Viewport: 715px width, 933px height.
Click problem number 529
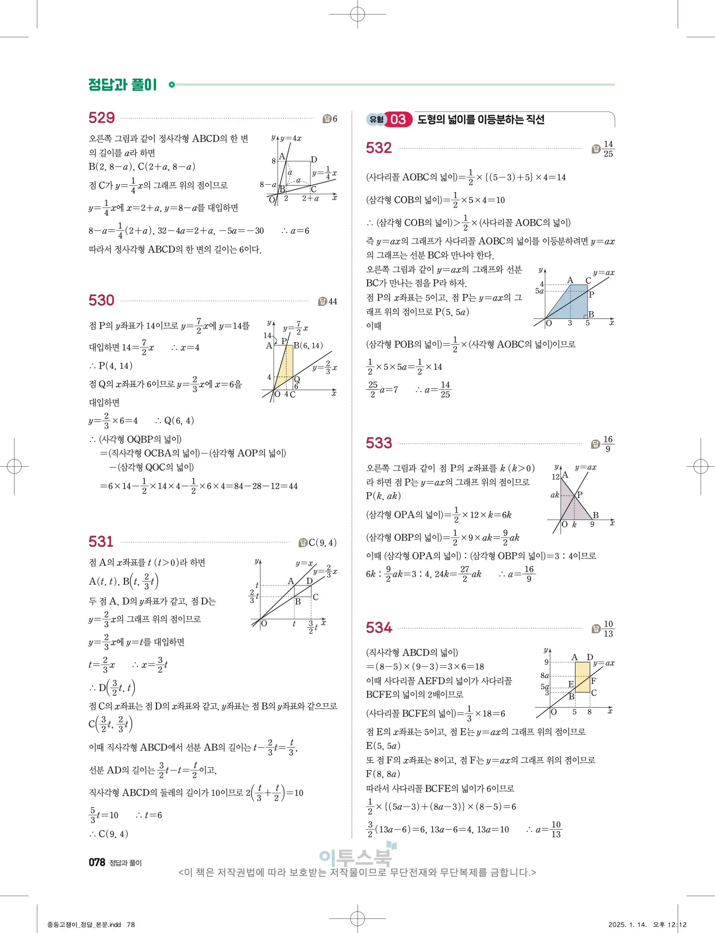pyautogui.click(x=102, y=118)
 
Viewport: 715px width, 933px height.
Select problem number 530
pyautogui.click(x=102, y=300)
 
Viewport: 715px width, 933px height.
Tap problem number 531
pyautogui.click(x=101, y=541)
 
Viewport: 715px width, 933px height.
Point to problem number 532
pyautogui.click(x=379, y=148)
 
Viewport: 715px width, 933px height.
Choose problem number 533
pyautogui.click(x=379, y=443)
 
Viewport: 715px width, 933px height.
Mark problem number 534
pyautogui.click(x=379, y=628)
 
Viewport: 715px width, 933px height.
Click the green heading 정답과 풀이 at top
pyautogui.click(x=123, y=85)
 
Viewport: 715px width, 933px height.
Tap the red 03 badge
pyautogui.click(x=398, y=120)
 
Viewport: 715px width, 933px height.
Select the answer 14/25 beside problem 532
pyautogui.click(x=608, y=149)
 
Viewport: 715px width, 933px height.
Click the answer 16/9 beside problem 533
pyautogui.click(x=608, y=444)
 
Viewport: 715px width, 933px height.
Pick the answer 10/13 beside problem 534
pyautogui.click(x=608, y=629)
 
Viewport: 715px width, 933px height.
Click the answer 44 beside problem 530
pyautogui.click(x=333, y=301)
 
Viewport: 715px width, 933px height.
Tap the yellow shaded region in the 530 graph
pyautogui.click(x=285, y=368)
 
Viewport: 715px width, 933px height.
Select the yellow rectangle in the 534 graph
pyautogui.click(x=582, y=677)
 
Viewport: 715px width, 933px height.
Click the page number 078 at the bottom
pyautogui.click(x=97, y=862)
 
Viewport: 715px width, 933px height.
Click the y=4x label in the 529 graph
pyautogui.click(x=291, y=139)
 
